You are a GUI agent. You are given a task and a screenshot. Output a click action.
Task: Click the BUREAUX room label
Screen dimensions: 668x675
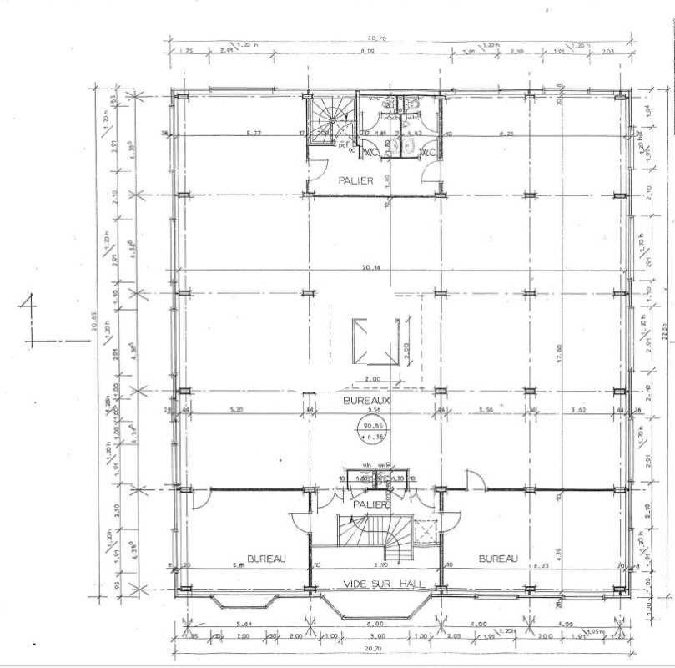click(368, 401)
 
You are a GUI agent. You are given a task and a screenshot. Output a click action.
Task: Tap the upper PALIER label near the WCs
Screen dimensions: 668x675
click(355, 180)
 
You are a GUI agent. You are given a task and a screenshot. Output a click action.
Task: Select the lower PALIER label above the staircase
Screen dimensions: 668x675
click(371, 504)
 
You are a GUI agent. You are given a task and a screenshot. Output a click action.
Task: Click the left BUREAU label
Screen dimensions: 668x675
click(267, 558)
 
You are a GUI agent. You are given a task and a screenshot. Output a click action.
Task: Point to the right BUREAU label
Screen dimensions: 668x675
click(498, 558)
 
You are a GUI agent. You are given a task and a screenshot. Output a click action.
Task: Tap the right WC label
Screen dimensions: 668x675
click(426, 154)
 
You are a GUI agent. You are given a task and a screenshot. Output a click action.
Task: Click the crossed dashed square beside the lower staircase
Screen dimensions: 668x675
click(427, 530)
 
